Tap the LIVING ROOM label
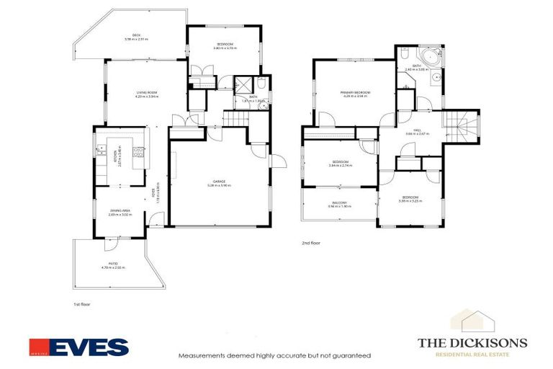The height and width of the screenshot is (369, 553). pos(147,94)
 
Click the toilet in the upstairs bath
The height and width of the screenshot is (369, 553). pos(405,54)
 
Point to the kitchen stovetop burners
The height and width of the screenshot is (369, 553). pos(140,152)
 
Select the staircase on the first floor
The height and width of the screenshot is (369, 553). pos(233,118)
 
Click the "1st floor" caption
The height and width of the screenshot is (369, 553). pos(83,305)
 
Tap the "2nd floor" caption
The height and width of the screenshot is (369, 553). pos(311,243)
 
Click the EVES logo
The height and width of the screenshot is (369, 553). pos(78,347)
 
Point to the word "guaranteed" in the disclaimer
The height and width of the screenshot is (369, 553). pos(349,356)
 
